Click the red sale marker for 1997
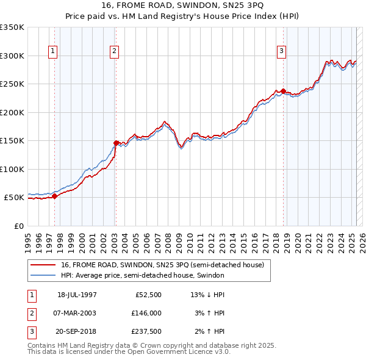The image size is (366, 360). (x=55, y=196)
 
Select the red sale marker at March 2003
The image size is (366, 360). (x=116, y=143)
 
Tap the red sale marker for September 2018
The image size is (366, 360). (x=283, y=91)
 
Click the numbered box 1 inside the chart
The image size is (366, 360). (x=53, y=51)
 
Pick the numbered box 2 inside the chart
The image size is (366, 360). (x=114, y=51)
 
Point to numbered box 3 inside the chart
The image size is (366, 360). (x=281, y=51)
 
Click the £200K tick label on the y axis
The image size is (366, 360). (x=12, y=112)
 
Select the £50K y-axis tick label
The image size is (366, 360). (x=14, y=198)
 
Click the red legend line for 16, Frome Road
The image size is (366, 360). (x=44, y=265)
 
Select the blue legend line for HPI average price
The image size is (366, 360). (x=44, y=276)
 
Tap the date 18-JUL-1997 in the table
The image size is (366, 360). (x=77, y=295)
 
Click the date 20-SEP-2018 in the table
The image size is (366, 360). (x=77, y=331)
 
